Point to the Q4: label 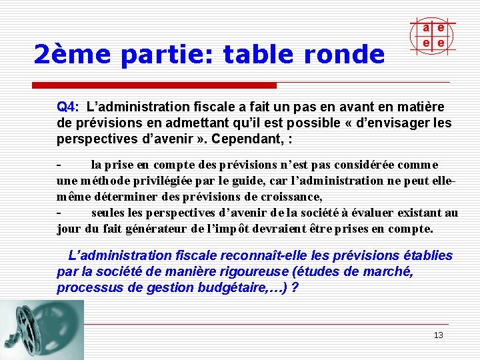68,107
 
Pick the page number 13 438,335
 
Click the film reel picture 41,329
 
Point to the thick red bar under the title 155,85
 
